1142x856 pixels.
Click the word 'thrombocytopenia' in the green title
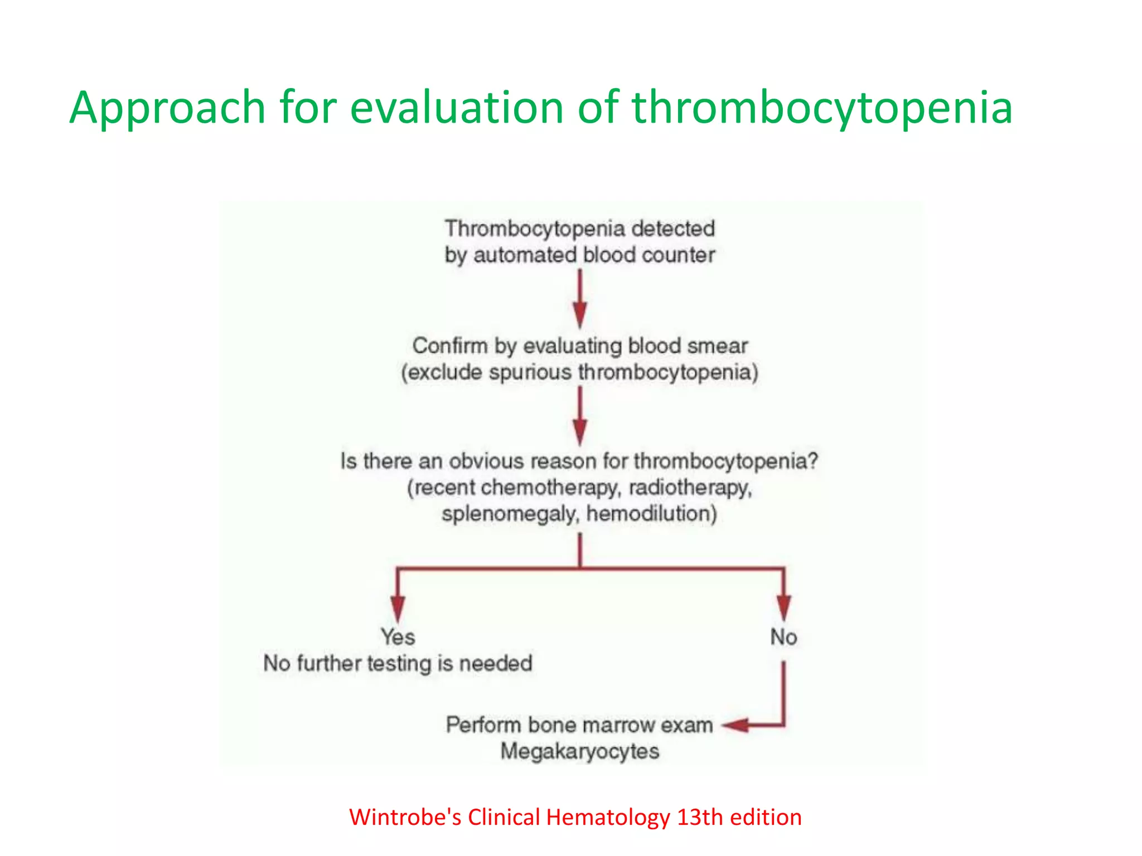pyautogui.click(x=821, y=108)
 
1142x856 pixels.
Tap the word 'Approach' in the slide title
pyautogui.click(x=167, y=108)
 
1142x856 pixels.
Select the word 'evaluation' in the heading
pyautogui.click(x=457, y=108)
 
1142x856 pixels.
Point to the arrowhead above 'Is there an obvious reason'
pyautogui.click(x=580, y=432)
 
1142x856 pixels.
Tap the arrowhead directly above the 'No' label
pyautogui.click(x=783, y=607)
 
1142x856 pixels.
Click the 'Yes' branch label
pyautogui.click(x=398, y=637)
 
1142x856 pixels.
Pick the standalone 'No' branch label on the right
pyautogui.click(x=783, y=637)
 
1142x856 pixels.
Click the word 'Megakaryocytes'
pyautogui.click(x=580, y=751)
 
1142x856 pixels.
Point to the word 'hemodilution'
pyautogui.click(x=651, y=514)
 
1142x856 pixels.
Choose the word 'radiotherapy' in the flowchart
pyautogui.click(x=690, y=488)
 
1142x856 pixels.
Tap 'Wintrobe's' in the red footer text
pyautogui.click(x=405, y=818)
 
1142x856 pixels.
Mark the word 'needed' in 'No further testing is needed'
pyautogui.click(x=496, y=664)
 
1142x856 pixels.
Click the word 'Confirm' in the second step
pyautogui.click(x=449, y=346)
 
